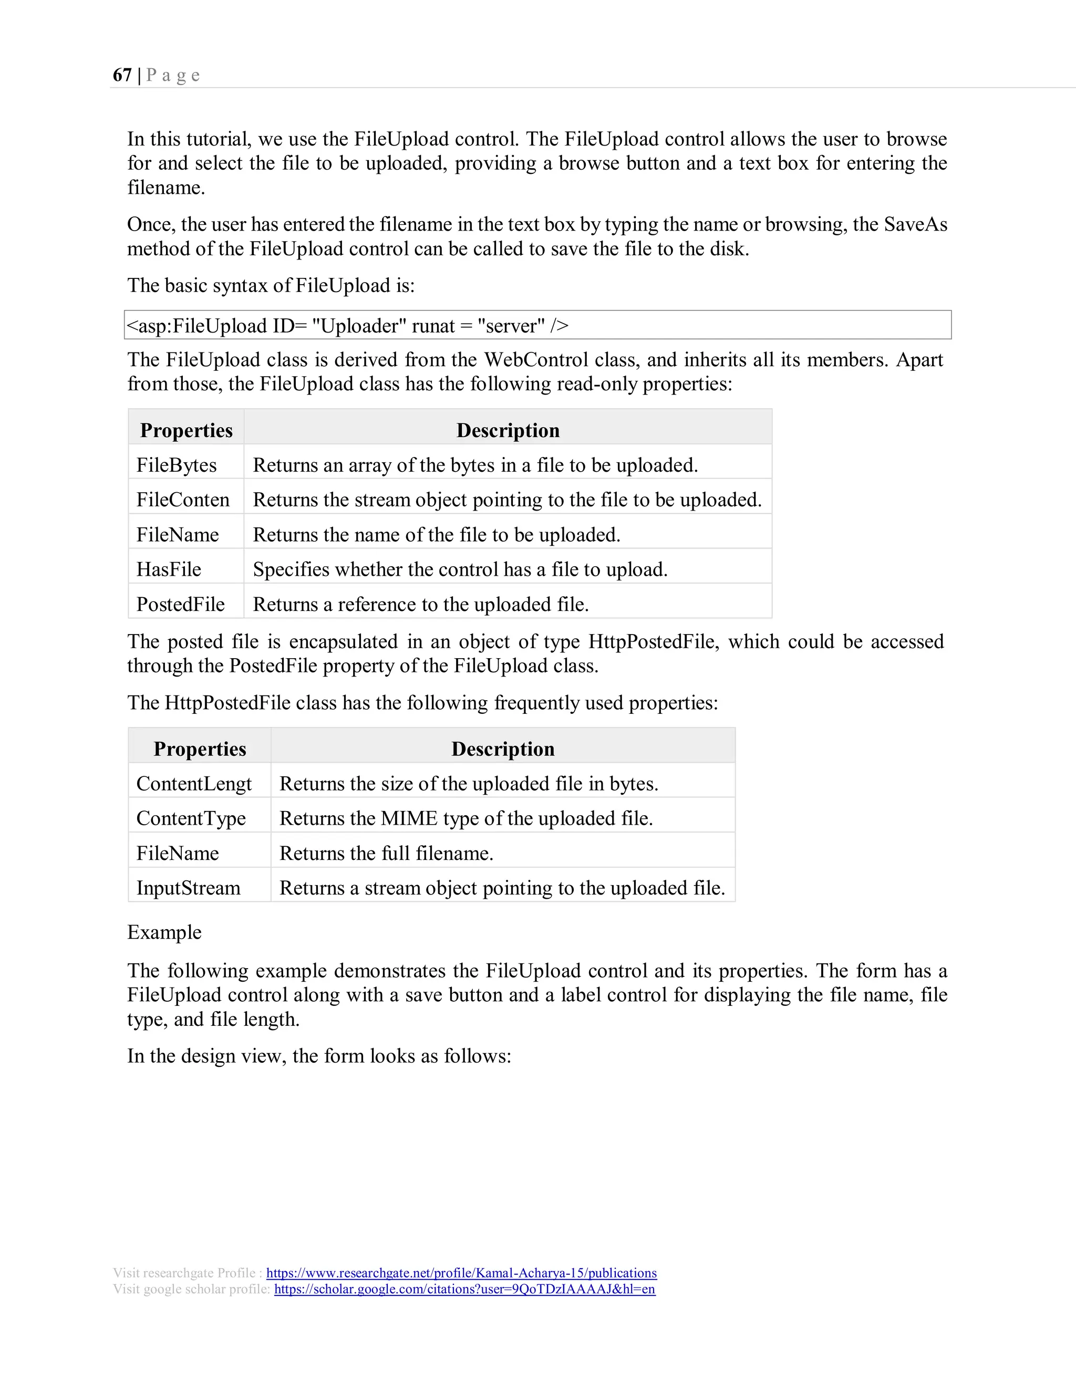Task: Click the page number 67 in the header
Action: click(x=122, y=75)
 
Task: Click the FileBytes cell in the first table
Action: click(x=177, y=465)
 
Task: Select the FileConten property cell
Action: click(x=183, y=500)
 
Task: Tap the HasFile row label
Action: click(x=169, y=569)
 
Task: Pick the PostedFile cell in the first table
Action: click(x=180, y=604)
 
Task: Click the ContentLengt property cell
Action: click(x=194, y=783)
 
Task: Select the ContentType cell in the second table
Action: click(x=191, y=818)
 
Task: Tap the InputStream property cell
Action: click(x=188, y=888)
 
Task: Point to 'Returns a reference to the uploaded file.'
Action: click(x=421, y=604)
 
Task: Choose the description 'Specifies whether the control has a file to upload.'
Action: click(x=460, y=569)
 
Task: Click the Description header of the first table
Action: click(x=508, y=430)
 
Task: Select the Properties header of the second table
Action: click(x=200, y=749)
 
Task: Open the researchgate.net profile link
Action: click(x=461, y=1273)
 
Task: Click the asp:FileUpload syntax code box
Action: click(x=537, y=326)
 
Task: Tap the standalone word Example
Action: click(x=164, y=932)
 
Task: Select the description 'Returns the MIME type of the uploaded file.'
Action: click(x=466, y=818)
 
